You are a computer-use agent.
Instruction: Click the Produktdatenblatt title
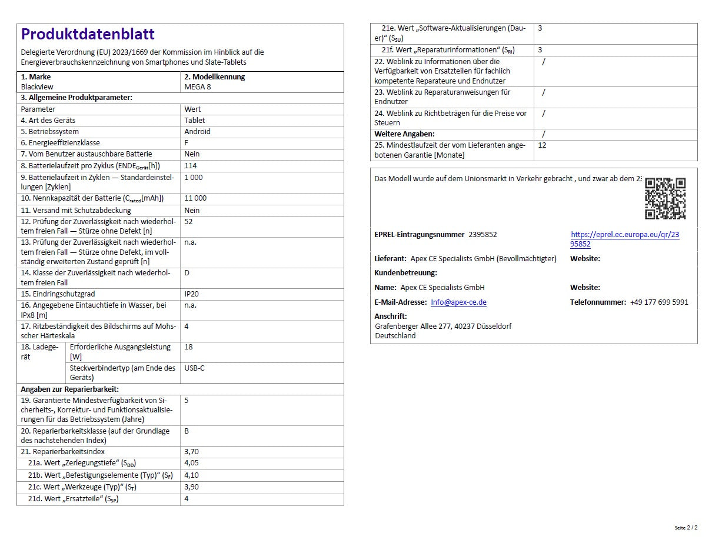(88, 34)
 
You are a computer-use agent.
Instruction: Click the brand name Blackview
(37, 86)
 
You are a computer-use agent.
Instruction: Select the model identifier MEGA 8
(197, 86)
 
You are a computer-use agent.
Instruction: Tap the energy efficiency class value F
(187, 143)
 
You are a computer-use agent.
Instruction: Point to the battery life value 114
(191, 166)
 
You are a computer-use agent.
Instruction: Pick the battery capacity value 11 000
(195, 198)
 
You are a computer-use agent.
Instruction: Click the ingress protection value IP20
(192, 294)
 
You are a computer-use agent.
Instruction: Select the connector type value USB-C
(194, 368)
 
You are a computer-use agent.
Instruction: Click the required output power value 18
(188, 347)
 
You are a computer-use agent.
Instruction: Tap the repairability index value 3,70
(191, 452)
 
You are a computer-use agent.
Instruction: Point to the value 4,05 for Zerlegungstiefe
(191, 464)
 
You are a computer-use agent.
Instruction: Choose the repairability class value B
(187, 431)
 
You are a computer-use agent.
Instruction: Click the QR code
(665, 198)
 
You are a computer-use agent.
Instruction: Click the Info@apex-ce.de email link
(458, 302)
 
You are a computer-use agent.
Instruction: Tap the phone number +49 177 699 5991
(658, 302)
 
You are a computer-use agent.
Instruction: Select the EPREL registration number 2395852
(483, 235)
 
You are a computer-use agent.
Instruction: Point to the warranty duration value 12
(542, 145)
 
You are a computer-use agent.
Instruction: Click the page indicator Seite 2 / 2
(686, 528)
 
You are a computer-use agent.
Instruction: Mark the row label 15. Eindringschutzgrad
(58, 294)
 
